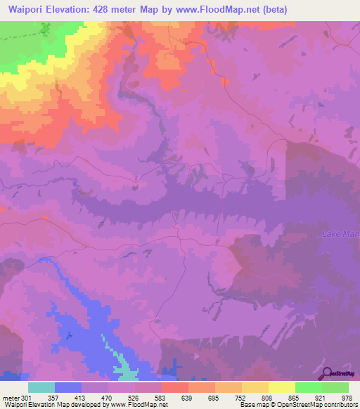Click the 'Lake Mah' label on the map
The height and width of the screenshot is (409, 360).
(340, 233)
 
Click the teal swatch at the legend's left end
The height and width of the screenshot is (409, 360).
(41, 387)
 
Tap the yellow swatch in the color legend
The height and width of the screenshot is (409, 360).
(282, 387)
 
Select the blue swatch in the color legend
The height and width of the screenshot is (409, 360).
(68, 387)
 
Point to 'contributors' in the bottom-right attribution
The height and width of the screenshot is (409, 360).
(340, 405)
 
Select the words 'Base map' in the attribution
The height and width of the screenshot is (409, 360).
(252, 405)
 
